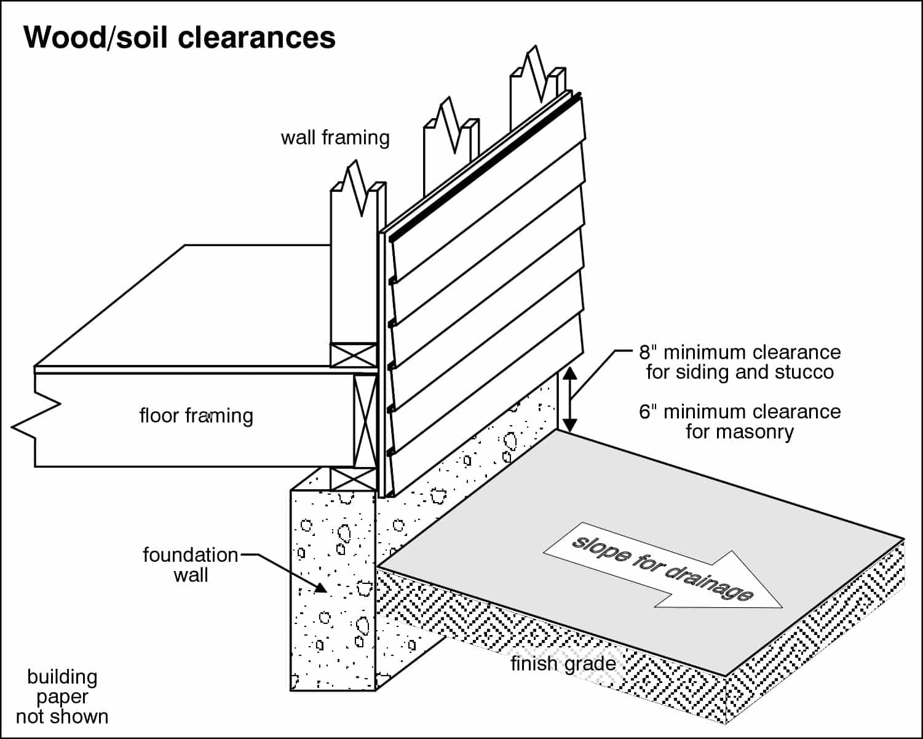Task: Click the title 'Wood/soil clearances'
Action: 179,38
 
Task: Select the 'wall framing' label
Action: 335,137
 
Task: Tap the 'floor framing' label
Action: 196,416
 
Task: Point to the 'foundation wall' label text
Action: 190,565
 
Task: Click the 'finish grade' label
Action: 563,663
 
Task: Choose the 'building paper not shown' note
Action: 62,697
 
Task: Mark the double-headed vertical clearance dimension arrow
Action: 570,399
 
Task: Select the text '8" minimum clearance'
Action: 740,353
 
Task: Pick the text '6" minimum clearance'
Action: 740,412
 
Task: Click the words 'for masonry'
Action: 740,431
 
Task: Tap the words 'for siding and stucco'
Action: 740,372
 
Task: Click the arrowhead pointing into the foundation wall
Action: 320,588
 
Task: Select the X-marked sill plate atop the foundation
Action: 353,479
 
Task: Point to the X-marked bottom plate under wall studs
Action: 353,355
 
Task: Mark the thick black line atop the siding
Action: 486,166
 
